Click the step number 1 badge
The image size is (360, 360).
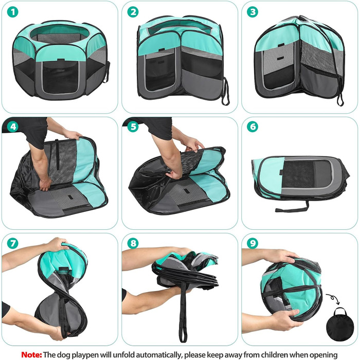(x=13, y=12)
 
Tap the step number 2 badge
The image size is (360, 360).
(x=133, y=12)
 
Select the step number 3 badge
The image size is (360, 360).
(x=253, y=12)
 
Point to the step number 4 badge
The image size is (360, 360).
(x=13, y=127)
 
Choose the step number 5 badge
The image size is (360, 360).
(x=133, y=127)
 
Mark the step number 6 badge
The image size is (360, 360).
(x=253, y=127)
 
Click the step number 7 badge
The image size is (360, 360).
(x=13, y=243)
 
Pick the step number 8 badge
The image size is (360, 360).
(x=133, y=243)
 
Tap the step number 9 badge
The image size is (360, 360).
(x=253, y=243)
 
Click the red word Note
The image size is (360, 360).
(x=31, y=354)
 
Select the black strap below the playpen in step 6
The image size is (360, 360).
(x=292, y=207)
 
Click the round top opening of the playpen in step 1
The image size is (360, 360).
(x=60, y=34)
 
